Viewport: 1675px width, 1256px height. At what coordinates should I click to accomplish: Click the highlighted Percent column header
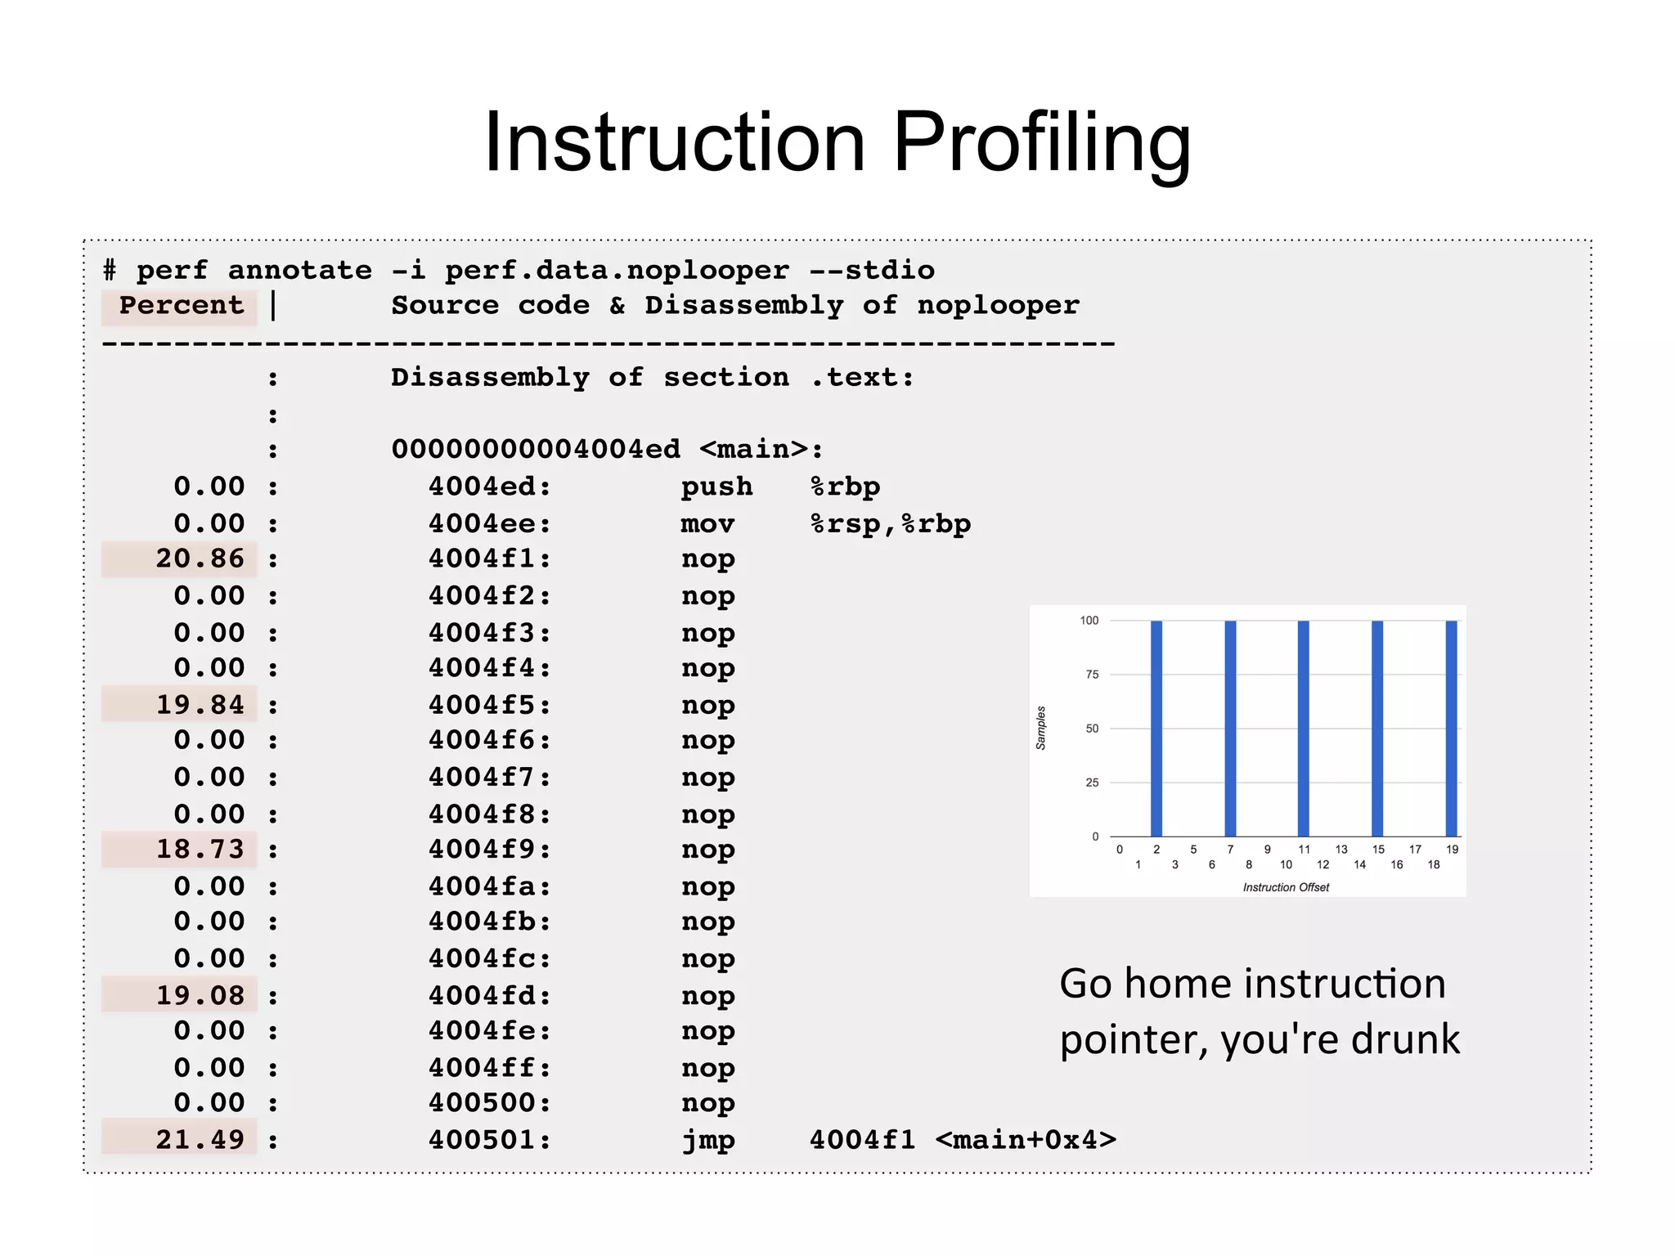[181, 306]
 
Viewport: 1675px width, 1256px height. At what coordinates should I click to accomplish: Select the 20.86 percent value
[200, 558]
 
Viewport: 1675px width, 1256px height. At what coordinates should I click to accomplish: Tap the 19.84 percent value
[200, 705]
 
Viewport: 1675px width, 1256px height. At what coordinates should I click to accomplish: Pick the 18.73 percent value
[200, 850]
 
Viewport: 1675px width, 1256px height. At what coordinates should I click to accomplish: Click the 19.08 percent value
[200, 996]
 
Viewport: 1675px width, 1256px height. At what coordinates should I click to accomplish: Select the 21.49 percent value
[200, 1140]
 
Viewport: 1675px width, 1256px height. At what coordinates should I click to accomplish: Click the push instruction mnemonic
[716, 487]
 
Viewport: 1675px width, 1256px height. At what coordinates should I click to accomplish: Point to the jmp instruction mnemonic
[708, 1140]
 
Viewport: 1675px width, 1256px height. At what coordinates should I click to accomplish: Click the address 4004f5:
[489, 705]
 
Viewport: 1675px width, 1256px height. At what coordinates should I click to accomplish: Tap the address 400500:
[489, 1103]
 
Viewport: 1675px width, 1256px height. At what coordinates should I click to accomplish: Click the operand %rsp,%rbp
[890, 524]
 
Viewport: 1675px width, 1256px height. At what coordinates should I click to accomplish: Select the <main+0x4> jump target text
[1026, 1140]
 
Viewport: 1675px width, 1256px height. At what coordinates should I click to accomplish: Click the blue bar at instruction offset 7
[1230, 728]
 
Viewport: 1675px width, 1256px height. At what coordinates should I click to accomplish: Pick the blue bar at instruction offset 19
[1451, 728]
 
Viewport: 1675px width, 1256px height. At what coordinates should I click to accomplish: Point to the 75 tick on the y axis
[1092, 675]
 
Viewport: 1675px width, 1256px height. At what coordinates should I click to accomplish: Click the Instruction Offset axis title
[1286, 887]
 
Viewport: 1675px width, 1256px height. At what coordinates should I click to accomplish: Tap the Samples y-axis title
[1041, 728]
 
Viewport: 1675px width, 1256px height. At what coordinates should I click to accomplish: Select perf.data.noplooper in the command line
[617, 271]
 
